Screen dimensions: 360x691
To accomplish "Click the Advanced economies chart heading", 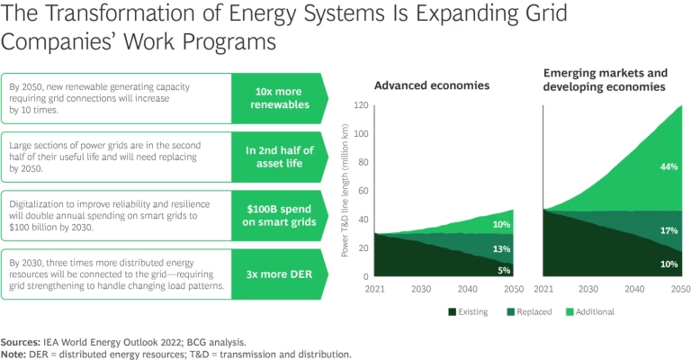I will coord(432,86).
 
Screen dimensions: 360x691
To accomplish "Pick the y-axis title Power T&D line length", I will coord(345,191).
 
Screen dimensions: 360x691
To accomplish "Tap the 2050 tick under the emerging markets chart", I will coord(679,289).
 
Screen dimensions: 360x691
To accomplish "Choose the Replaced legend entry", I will coord(528,311).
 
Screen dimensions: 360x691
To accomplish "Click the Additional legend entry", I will coord(591,311).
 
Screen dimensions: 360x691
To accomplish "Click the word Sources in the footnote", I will coord(24,342).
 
